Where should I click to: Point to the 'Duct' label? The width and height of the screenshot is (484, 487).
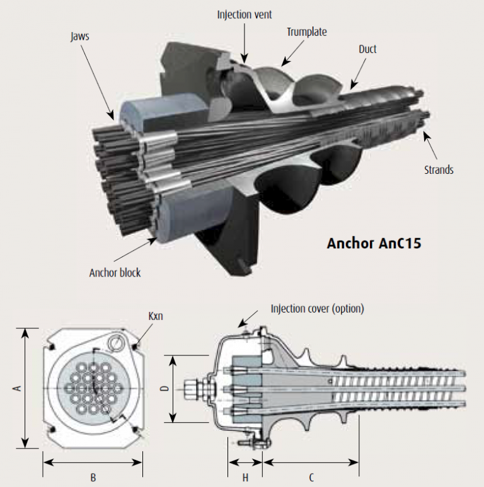pos(367,49)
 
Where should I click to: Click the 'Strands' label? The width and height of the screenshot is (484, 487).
pos(439,169)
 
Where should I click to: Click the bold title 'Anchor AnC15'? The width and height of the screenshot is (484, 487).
pos(373,243)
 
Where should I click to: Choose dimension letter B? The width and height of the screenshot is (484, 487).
pos(93,477)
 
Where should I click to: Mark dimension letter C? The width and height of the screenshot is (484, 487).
pos(311,477)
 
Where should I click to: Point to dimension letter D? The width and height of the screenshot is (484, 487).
pos(164,389)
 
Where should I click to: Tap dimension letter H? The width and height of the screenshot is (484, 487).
pos(245,477)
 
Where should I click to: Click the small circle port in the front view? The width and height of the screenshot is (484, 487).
pos(115,343)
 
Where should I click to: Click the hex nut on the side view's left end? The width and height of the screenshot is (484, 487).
pos(191,389)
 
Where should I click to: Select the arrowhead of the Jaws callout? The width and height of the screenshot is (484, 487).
pos(113,118)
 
